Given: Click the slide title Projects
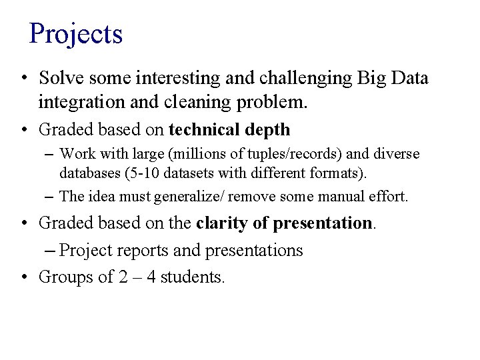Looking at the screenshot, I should (76, 33).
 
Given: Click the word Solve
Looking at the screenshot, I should (57, 79).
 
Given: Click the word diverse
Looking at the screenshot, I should (396, 154).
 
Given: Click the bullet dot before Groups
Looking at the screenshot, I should (23, 277).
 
